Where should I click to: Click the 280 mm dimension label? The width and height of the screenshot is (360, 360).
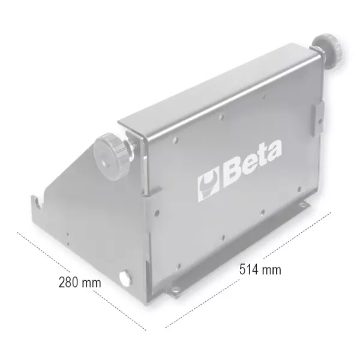coord(80,283)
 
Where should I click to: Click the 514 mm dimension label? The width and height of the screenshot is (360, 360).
coord(260,269)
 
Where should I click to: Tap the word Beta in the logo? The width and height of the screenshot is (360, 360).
coord(253,164)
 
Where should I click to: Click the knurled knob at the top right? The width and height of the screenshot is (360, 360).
coord(328,49)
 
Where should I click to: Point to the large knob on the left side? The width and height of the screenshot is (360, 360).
coord(110,157)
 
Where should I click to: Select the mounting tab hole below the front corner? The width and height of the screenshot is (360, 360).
coord(175,290)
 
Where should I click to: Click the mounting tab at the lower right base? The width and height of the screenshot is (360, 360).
coord(304,205)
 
